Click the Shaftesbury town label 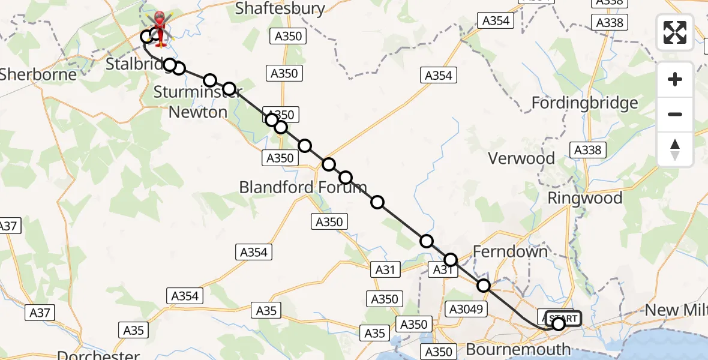tap(280, 8)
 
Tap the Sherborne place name tap(38, 74)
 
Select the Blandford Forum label tap(302, 187)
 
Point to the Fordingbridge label tap(584, 103)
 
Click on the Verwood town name tap(521, 158)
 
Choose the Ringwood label tap(584, 198)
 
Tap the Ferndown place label tap(510, 251)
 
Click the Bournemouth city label tap(518, 349)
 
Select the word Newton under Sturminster tap(198, 112)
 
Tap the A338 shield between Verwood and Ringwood tap(587, 150)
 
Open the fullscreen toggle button tap(675, 32)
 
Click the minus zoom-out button tap(675, 114)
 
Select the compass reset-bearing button tap(675, 149)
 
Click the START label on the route tap(563, 318)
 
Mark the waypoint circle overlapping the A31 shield tap(450, 260)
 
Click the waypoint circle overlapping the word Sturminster tap(229, 89)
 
